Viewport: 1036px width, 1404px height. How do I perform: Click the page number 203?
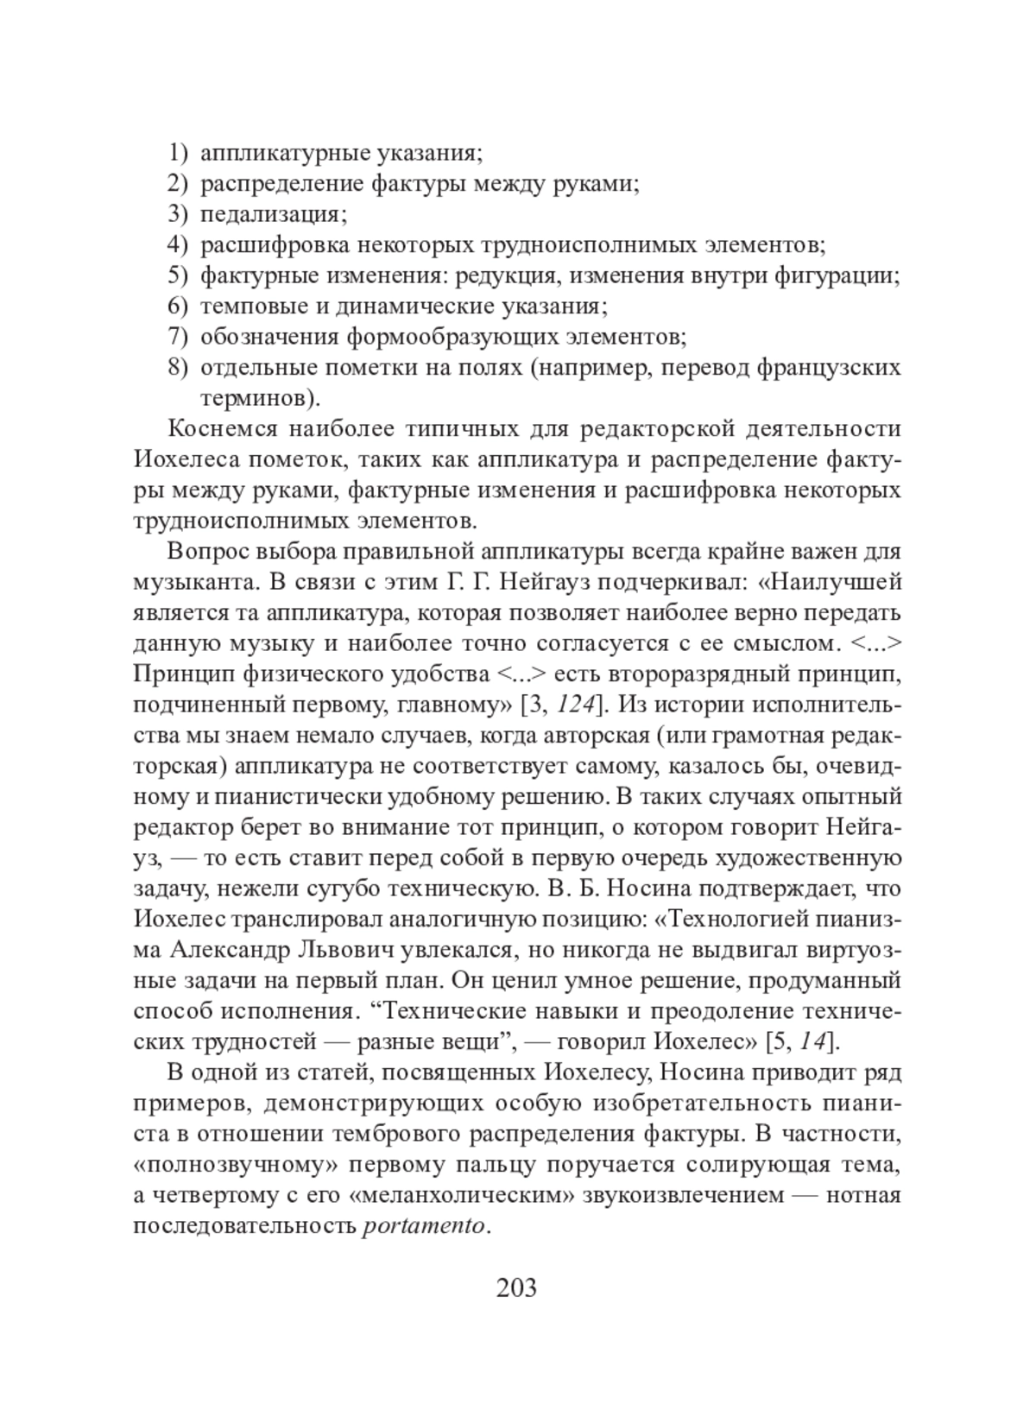point(517,1287)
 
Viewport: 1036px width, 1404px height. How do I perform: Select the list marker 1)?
point(177,153)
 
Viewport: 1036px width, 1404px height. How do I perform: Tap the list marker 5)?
point(177,275)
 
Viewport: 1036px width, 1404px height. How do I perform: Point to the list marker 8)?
point(177,367)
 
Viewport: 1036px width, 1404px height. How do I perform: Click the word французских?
point(828,367)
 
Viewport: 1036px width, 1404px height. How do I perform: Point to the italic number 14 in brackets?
point(811,1041)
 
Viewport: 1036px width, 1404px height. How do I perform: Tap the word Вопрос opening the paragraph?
point(204,551)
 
